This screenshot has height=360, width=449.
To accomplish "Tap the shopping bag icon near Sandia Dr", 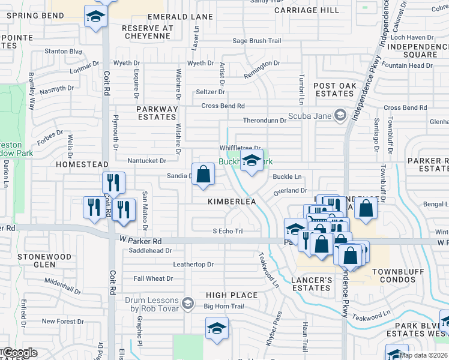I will tap(203, 175).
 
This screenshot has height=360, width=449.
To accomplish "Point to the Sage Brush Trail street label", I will tap(256, 41).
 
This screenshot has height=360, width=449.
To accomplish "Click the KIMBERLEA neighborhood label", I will tap(232, 202).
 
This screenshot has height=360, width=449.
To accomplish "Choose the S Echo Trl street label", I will tap(228, 231).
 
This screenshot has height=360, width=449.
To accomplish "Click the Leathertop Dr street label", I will tap(193, 264).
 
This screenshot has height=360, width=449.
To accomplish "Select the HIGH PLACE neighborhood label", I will tap(231, 295).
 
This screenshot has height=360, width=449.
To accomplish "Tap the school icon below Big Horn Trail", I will tap(217, 328).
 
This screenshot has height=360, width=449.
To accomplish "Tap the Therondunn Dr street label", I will tap(265, 121).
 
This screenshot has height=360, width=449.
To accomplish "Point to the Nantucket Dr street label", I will tap(146, 161).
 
